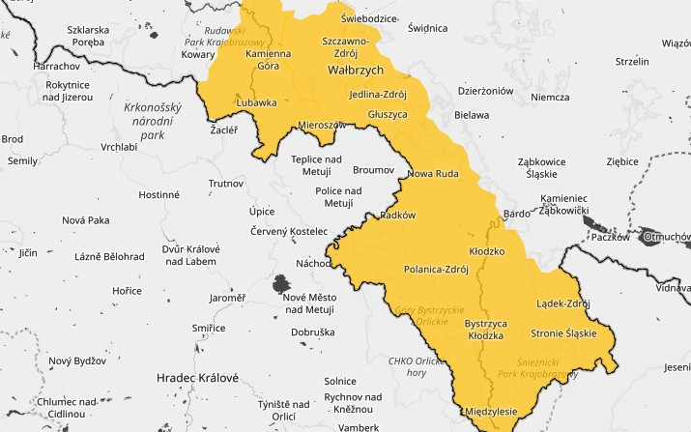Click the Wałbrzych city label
[357, 72]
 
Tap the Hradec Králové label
[198, 377]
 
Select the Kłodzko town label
[487, 250]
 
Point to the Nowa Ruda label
[431, 174]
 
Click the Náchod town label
[313, 263]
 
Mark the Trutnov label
[226, 183]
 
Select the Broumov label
[374, 169]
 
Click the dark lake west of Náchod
[281, 284]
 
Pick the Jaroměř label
[228, 298]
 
